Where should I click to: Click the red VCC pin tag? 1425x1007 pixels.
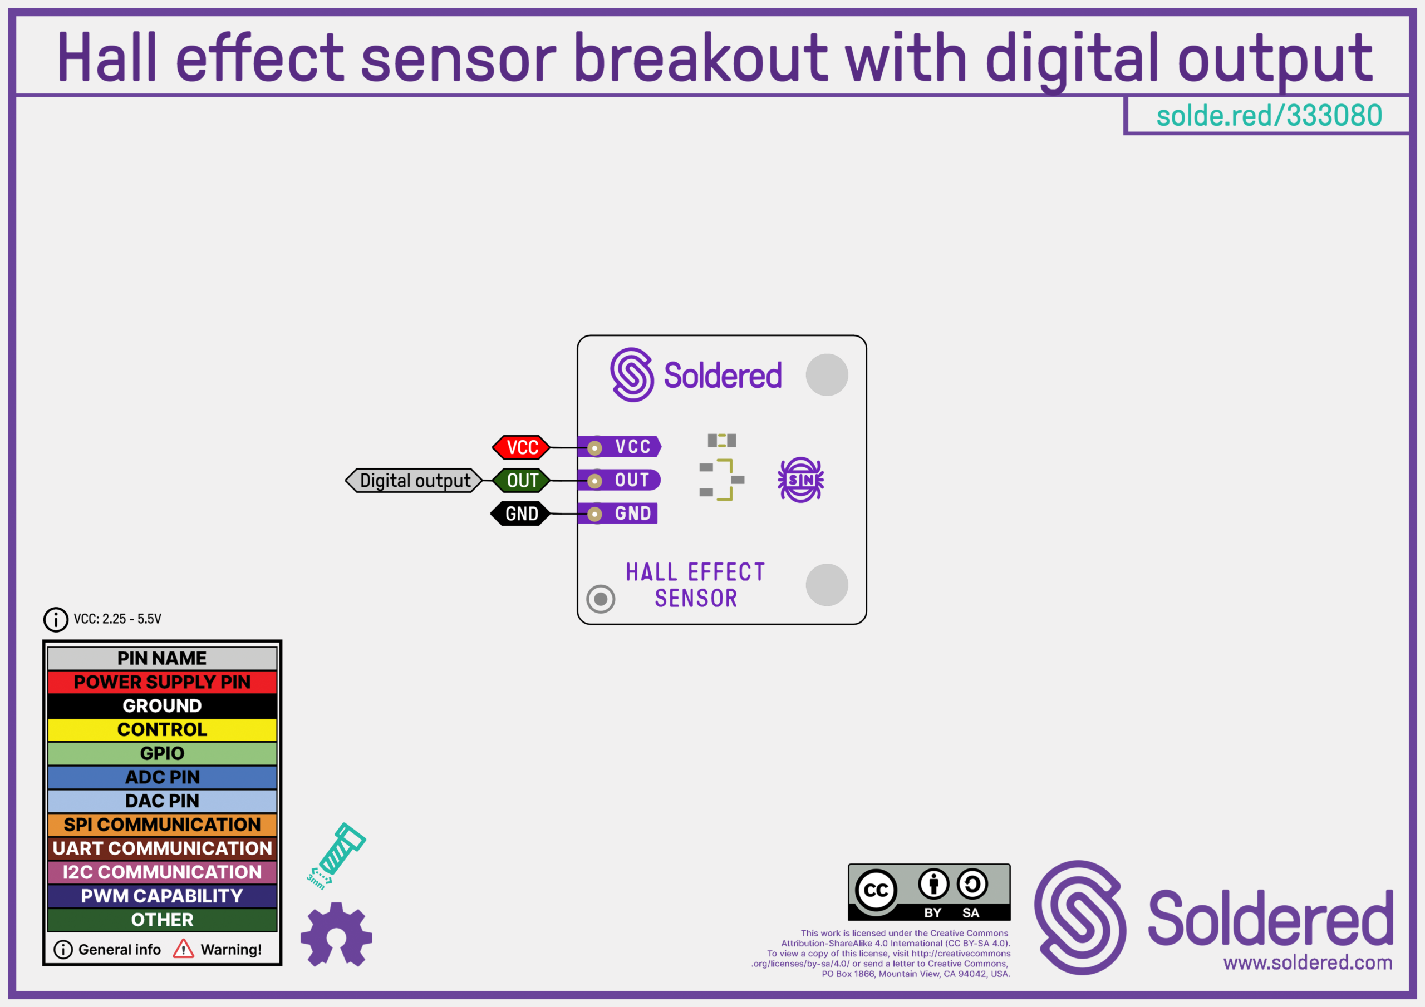point(522,447)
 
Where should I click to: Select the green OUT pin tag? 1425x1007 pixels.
point(522,480)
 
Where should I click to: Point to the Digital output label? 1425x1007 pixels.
point(414,480)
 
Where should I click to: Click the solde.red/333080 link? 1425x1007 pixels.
point(1269,115)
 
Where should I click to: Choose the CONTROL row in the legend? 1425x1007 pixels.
point(162,729)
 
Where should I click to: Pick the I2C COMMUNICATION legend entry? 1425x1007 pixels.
point(162,872)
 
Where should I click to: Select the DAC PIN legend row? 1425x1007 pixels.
point(162,801)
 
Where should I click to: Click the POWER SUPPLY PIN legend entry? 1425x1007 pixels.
point(162,682)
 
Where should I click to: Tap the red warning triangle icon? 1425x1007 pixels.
point(183,949)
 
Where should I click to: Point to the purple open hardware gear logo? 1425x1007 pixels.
point(336,934)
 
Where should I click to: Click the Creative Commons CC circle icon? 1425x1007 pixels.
point(876,890)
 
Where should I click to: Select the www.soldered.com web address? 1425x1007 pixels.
point(1308,962)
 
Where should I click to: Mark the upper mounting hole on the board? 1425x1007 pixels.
point(827,375)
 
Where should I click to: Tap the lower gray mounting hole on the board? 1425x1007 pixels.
point(827,585)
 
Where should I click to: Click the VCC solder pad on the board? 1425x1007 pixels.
point(594,447)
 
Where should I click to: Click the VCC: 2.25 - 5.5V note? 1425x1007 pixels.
point(117,619)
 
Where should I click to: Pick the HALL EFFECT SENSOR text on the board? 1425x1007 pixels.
point(695,585)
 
